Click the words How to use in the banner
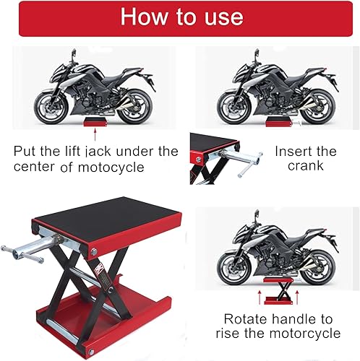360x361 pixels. [180, 17]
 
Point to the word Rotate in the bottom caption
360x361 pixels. [246, 318]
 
